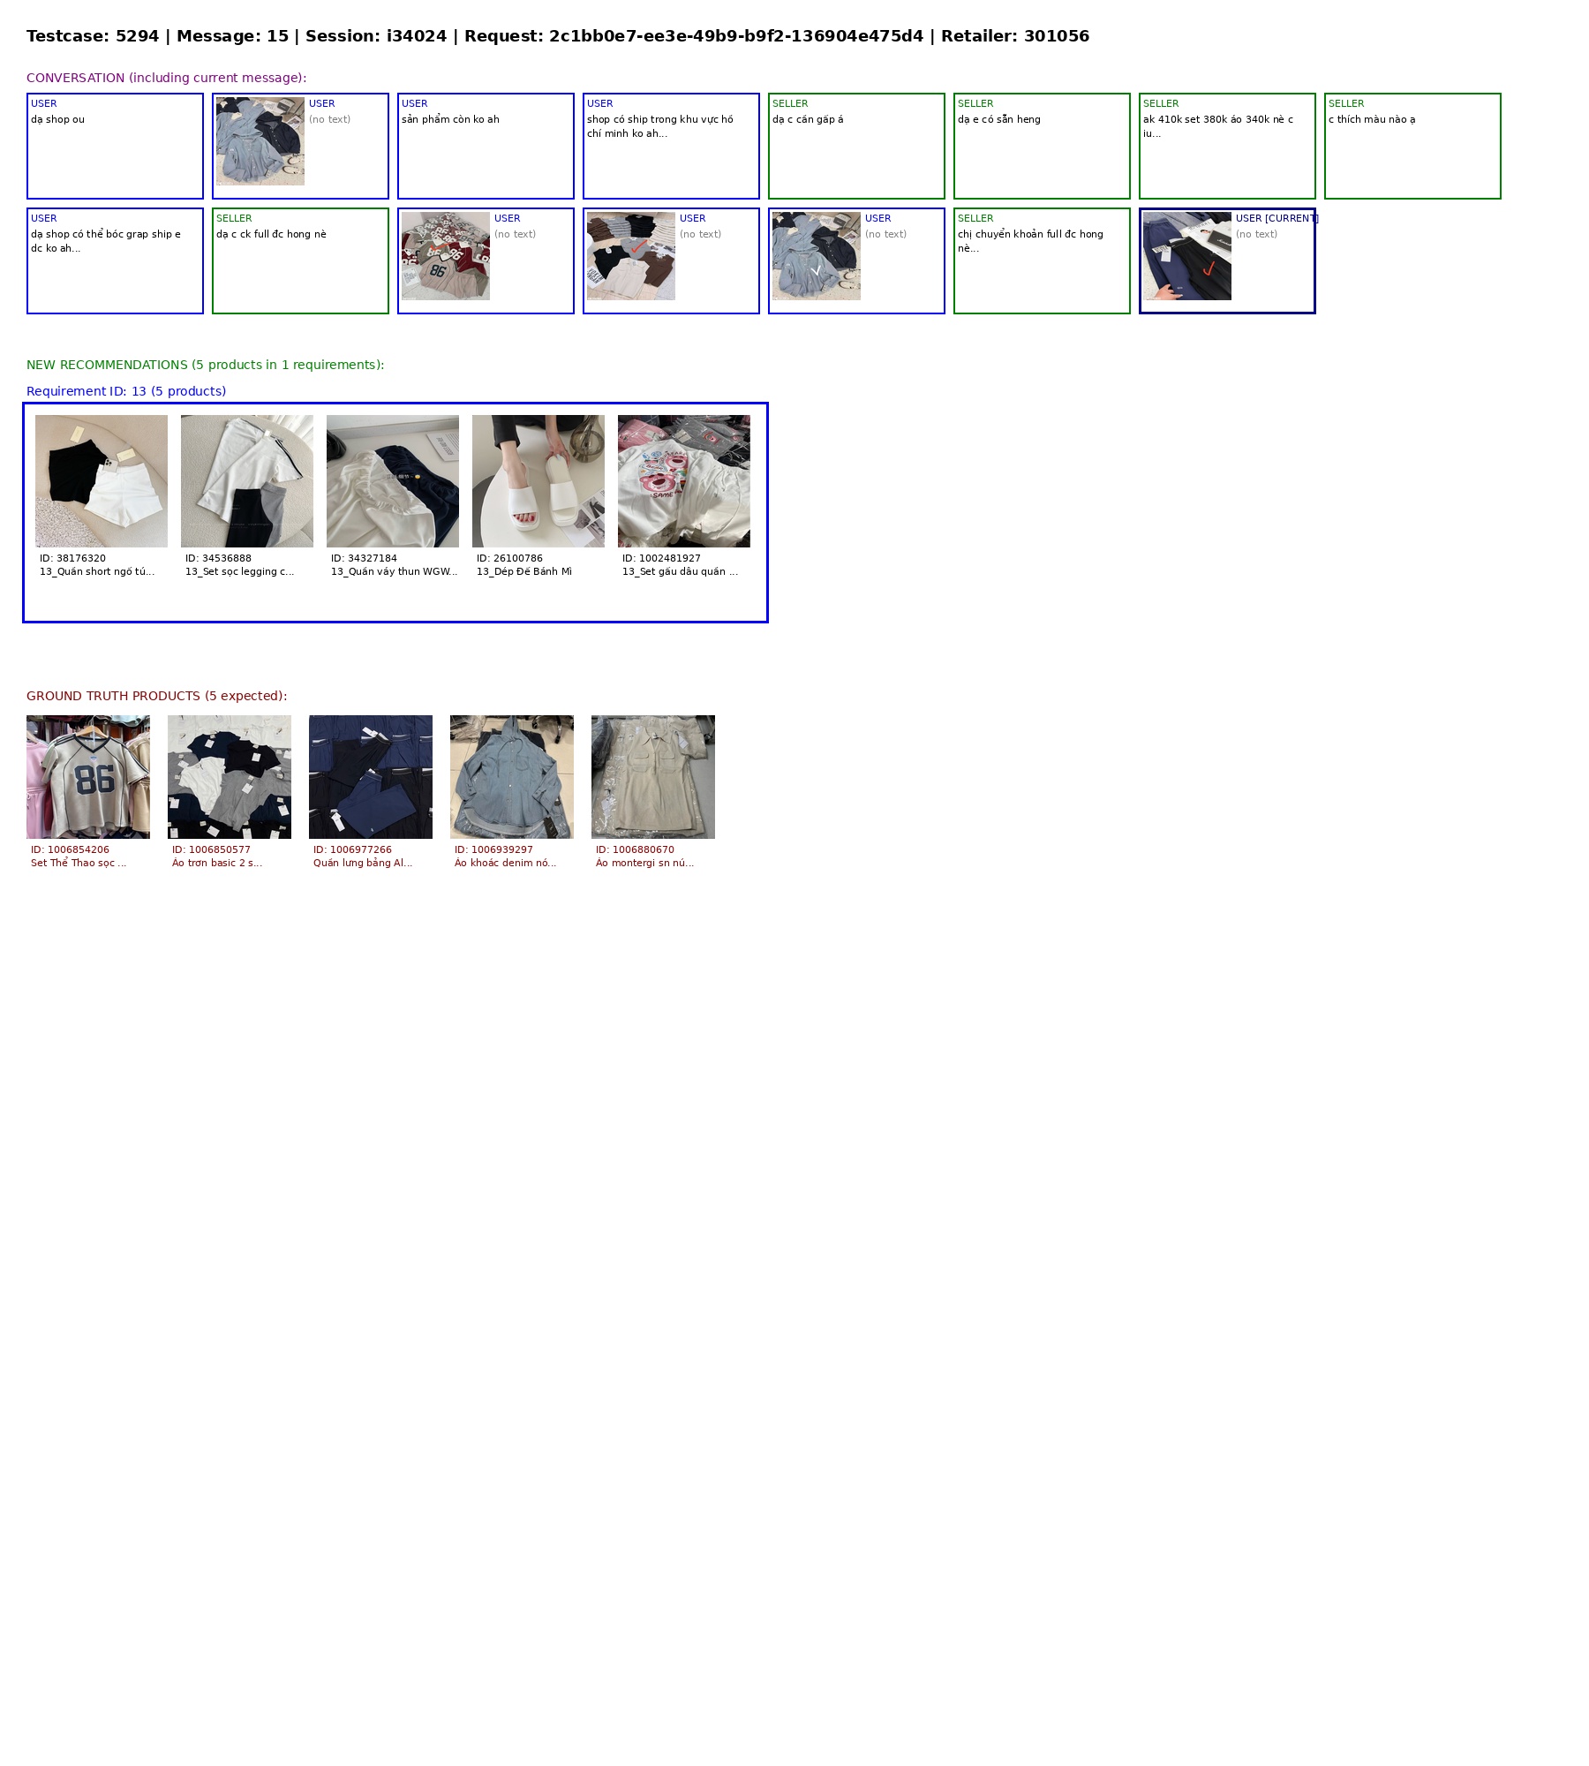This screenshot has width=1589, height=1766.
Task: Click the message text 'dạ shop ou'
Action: click(58, 119)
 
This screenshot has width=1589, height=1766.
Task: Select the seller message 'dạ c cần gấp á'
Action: click(808, 119)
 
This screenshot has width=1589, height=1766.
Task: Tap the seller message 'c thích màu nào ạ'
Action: click(1372, 119)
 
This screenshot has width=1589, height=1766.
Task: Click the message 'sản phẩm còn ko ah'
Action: click(450, 119)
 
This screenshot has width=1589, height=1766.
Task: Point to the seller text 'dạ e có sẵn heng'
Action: click(999, 119)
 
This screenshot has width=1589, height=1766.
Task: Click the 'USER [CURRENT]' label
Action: click(1276, 218)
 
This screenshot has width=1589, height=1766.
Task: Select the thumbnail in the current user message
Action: click(1187, 256)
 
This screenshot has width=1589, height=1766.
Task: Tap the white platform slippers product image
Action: click(538, 481)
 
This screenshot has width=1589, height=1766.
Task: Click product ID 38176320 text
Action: click(72, 558)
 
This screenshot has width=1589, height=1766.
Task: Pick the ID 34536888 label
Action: click(218, 558)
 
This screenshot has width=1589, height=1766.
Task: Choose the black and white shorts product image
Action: click(102, 481)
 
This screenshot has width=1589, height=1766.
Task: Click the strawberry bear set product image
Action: click(684, 481)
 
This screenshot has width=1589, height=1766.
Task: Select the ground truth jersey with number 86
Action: click(88, 777)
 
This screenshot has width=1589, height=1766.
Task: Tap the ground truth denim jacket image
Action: click(512, 777)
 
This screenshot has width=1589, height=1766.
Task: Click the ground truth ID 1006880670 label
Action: click(635, 849)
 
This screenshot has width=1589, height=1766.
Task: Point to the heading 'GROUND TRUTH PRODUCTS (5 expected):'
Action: click(157, 696)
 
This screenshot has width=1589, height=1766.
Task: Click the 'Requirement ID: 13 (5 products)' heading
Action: click(126, 391)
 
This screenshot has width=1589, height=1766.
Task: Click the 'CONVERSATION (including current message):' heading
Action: click(167, 78)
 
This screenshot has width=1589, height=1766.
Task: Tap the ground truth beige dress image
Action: click(653, 777)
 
